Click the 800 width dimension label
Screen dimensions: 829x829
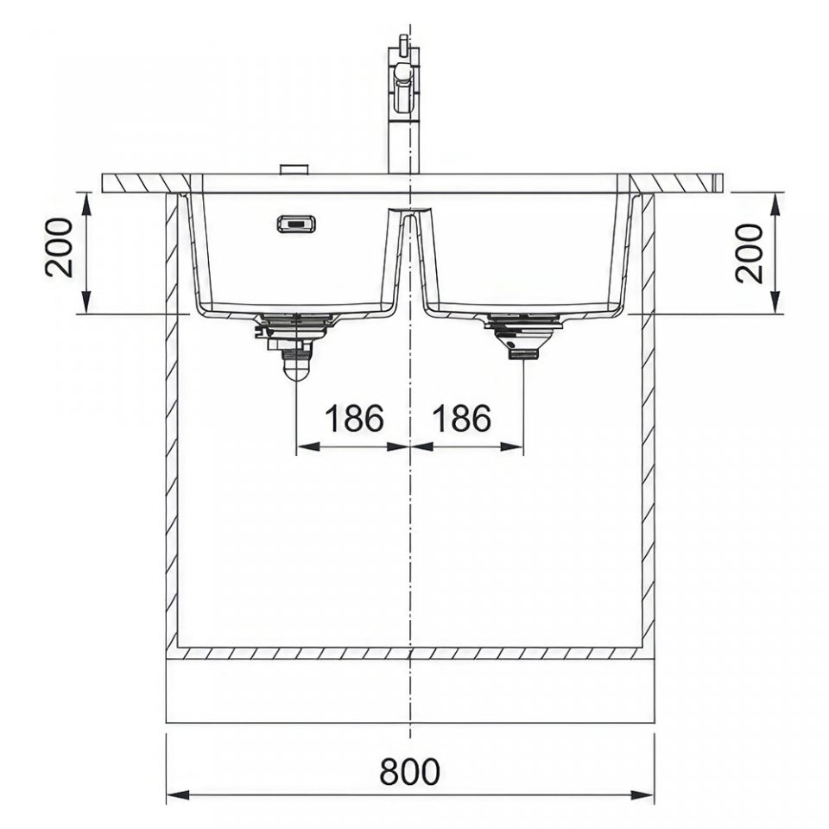click(x=409, y=772)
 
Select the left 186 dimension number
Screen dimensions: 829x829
click(x=353, y=418)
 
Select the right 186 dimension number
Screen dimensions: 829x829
click(x=461, y=418)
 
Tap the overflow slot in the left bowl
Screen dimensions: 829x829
click(x=296, y=223)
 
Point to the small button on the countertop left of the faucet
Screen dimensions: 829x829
click(x=294, y=169)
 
